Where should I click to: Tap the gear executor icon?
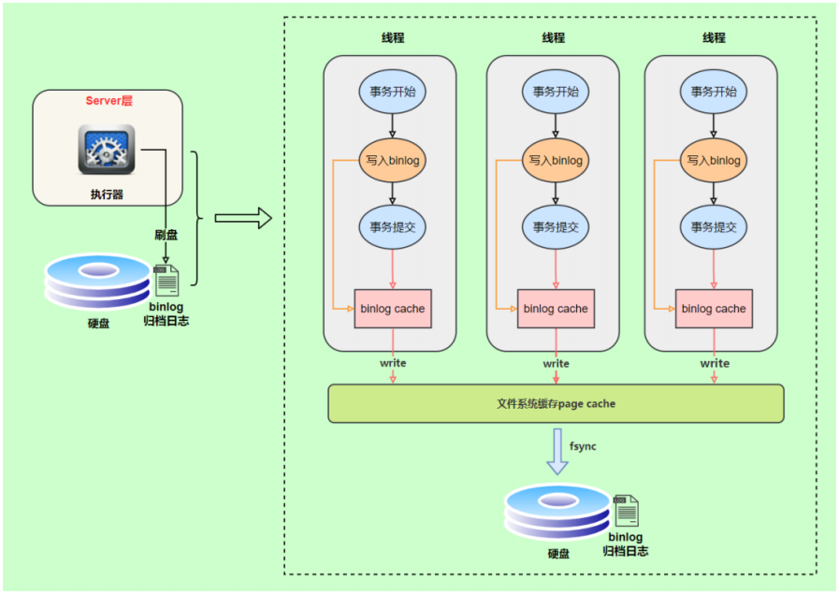(x=107, y=150)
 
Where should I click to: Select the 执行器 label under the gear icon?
(x=107, y=195)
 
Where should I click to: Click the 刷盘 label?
(x=166, y=235)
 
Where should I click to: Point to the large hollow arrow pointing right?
(x=242, y=219)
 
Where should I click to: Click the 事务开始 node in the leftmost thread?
(x=392, y=92)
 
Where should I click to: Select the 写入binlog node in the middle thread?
(x=556, y=161)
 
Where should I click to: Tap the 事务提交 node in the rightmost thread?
(x=714, y=226)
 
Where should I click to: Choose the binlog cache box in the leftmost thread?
(x=393, y=309)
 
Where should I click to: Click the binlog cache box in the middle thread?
(x=556, y=309)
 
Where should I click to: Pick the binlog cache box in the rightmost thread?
(x=714, y=309)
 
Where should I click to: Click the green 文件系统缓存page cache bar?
(x=556, y=404)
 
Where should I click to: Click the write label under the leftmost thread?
(x=393, y=363)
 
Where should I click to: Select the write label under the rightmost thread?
(x=715, y=363)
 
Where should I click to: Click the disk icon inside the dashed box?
(x=556, y=514)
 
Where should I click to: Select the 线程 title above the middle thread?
(x=554, y=38)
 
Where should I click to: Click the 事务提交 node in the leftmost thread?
(x=392, y=226)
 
